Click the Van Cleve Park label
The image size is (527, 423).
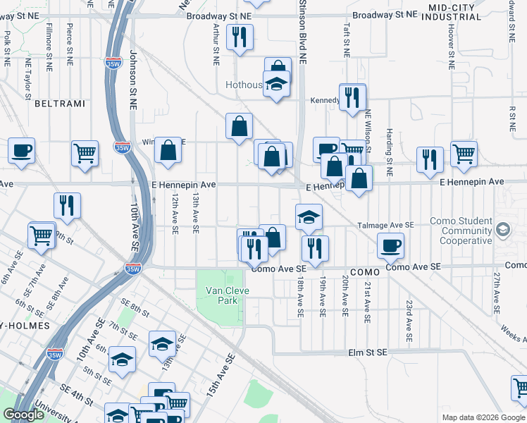point(223,295)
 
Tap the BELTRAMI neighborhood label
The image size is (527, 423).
point(59,104)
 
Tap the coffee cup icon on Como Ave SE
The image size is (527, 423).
point(391,245)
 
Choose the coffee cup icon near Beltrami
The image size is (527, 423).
point(21,150)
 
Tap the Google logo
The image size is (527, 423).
point(23,415)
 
